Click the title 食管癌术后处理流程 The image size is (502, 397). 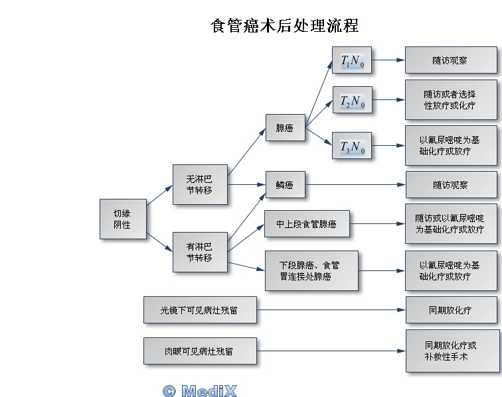[x=284, y=26]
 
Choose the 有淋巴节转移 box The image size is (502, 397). [x=199, y=252]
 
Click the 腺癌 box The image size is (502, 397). [x=285, y=127]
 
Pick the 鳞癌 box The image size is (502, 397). [x=285, y=185]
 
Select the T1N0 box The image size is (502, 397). [x=352, y=61]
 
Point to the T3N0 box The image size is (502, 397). [x=352, y=146]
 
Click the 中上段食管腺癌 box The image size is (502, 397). [x=306, y=224]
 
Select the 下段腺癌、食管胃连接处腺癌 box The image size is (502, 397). [x=311, y=270]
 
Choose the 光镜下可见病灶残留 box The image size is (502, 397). [x=199, y=310]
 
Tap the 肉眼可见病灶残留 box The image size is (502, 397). [x=199, y=351]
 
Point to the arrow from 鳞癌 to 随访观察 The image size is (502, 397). [x=355, y=185]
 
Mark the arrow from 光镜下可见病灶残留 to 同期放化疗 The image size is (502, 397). [x=331, y=310]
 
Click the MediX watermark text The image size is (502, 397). [x=199, y=390]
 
